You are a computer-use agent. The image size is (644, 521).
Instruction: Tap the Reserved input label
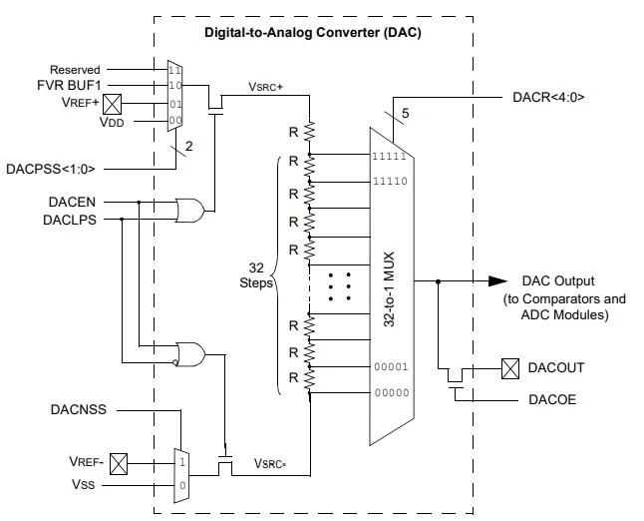[x=75, y=70]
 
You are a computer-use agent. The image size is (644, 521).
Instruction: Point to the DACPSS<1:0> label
[x=59, y=167]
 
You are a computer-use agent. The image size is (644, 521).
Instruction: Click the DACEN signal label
[x=74, y=202]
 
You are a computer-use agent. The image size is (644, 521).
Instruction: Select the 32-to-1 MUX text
[x=400, y=288]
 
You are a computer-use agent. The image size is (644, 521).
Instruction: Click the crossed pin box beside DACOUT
[x=508, y=368]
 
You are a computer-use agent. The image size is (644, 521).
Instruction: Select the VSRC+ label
[x=266, y=87]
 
